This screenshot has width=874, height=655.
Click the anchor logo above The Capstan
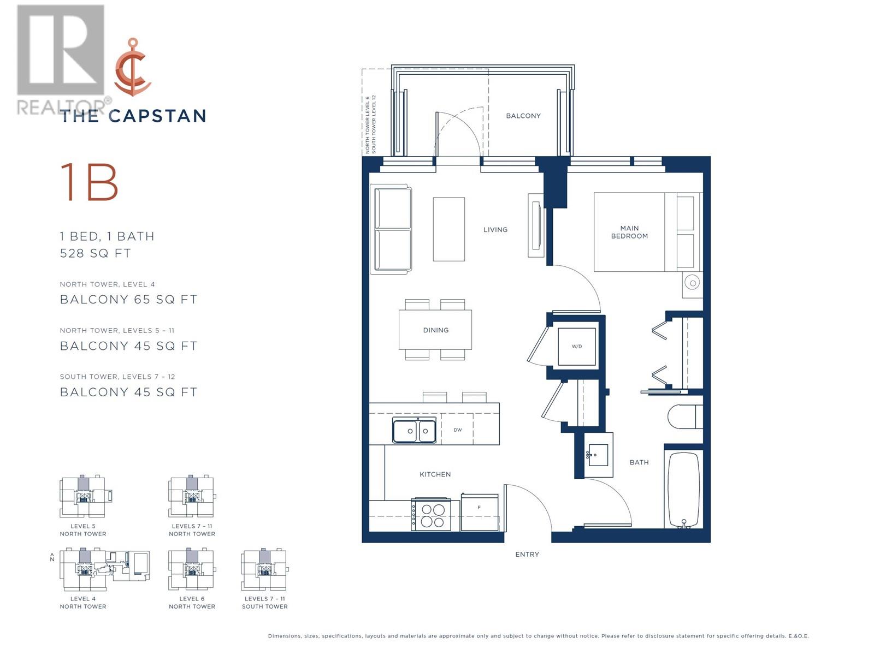click(133, 67)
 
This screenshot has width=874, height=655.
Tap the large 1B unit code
click(89, 182)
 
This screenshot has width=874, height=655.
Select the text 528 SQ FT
click(96, 253)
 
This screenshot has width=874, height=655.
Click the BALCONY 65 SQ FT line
click(128, 299)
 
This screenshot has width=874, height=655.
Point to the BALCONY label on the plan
click(523, 116)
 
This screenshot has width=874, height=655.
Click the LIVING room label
click(495, 230)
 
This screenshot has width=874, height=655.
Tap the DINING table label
click(435, 330)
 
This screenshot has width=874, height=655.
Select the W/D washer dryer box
click(576, 347)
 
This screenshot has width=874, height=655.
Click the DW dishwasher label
click(458, 430)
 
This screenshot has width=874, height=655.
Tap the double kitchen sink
click(414, 431)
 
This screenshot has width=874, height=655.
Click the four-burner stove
click(432, 515)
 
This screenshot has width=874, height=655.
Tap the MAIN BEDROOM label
click(629, 232)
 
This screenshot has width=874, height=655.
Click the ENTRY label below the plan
click(527, 555)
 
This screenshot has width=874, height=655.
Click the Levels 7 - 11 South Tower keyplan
click(264, 570)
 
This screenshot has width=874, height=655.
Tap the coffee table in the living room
click(448, 229)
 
